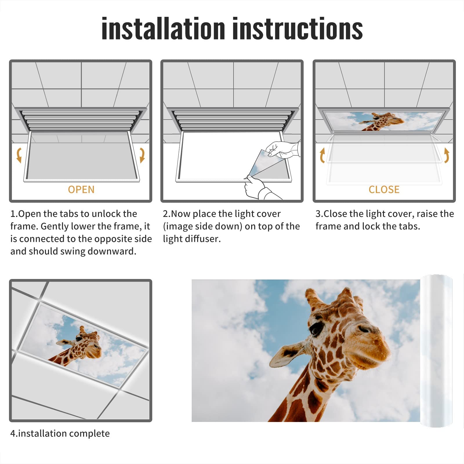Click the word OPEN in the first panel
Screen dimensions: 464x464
(81, 190)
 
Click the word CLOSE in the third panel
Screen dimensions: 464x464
(384, 190)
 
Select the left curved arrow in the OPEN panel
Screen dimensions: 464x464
(19, 155)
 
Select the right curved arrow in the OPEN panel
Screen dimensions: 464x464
(142, 155)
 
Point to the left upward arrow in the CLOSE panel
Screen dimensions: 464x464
(322, 155)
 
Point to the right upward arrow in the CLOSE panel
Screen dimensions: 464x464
(447, 155)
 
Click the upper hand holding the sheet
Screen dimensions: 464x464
(283, 149)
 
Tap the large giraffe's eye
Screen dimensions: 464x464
(315, 328)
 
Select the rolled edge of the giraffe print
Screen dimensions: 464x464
(436, 351)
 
